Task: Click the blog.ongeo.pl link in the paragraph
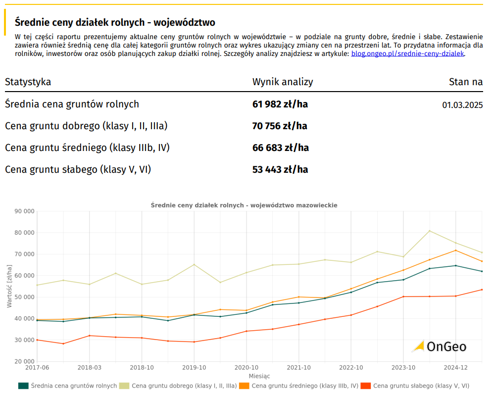click(407, 53)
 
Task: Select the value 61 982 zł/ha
click(280, 104)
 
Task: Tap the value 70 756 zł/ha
click(280, 126)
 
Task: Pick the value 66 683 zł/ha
click(280, 148)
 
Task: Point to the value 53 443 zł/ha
click(280, 170)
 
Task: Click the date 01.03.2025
click(462, 105)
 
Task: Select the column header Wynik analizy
click(283, 82)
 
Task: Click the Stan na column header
click(465, 82)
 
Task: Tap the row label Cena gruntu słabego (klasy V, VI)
click(78, 170)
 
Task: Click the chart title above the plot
click(244, 205)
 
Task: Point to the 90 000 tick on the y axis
click(24, 211)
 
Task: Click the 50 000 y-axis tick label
click(24, 297)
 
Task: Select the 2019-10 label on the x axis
click(194, 368)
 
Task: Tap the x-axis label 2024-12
click(455, 368)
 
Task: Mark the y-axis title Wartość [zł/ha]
click(9, 286)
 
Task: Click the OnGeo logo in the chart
click(439, 347)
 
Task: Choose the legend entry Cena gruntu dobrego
click(184, 386)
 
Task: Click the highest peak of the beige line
click(429, 231)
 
